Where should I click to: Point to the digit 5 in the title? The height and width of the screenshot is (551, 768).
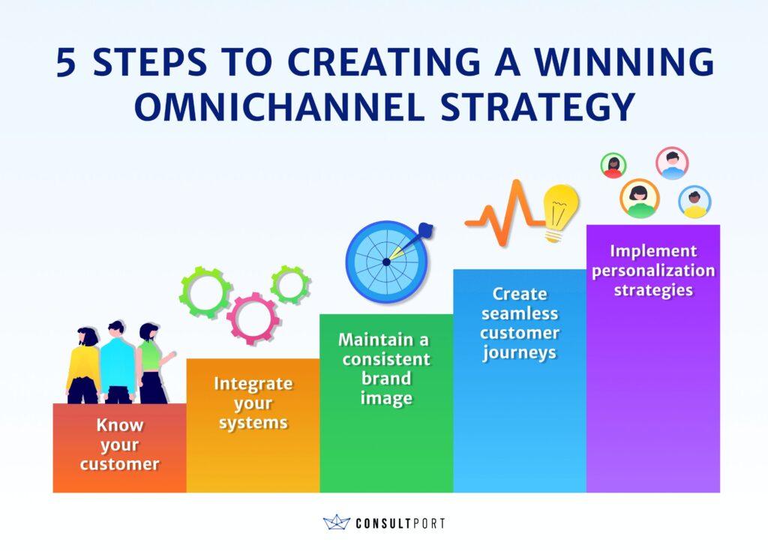66,64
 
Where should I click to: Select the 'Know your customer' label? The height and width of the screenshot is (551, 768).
119,445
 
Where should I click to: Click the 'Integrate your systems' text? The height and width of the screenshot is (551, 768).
253,403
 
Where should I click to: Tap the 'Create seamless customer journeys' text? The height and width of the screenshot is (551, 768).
520,322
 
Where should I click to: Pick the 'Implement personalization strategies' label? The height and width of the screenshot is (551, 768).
653,270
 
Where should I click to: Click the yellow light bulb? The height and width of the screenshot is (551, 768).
560,212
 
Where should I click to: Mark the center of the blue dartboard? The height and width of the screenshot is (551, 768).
385,262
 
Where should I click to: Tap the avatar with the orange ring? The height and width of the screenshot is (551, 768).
639,199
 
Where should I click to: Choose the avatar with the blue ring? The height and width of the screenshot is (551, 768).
694,202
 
